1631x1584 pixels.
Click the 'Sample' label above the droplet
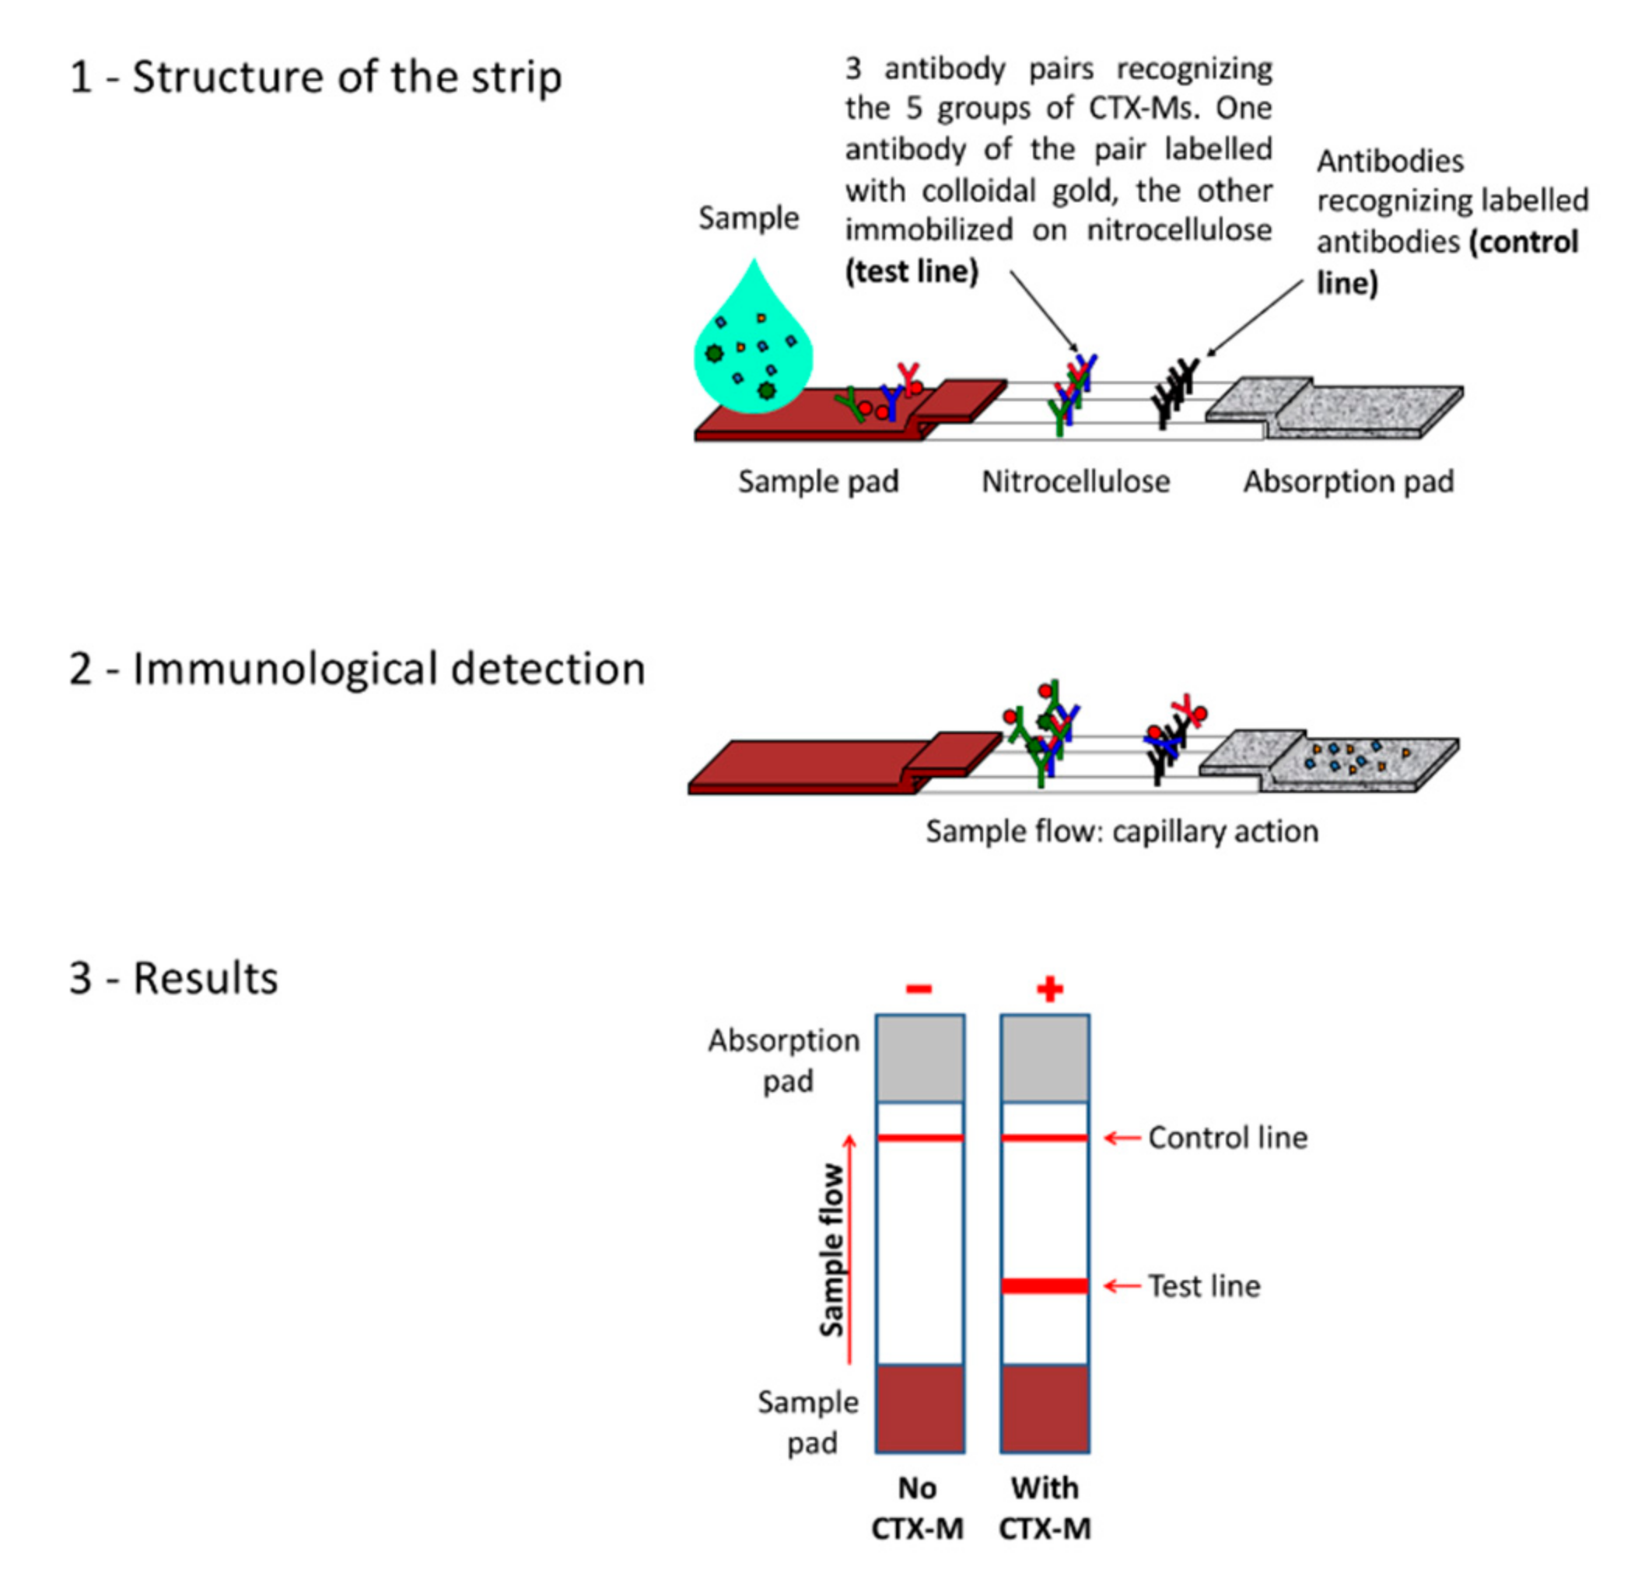coord(748,218)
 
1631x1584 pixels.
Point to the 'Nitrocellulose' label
coord(1075,481)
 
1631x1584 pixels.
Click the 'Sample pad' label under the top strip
coord(818,481)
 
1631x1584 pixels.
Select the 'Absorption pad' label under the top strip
coord(1348,481)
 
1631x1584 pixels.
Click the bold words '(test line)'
coord(912,272)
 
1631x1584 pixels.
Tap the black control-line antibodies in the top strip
coord(1174,391)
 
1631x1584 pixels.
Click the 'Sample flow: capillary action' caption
coord(1122,831)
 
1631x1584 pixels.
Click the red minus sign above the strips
coord(919,988)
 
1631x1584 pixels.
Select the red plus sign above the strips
coord(1049,988)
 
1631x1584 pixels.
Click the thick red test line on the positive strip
coord(1045,1286)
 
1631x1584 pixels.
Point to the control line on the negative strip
coord(919,1137)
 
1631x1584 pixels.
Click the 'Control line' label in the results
coord(1227,1137)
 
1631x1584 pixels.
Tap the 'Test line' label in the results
coord(1203,1286)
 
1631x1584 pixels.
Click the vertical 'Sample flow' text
coord(831,1249)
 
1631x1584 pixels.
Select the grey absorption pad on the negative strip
coord(919,1058)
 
